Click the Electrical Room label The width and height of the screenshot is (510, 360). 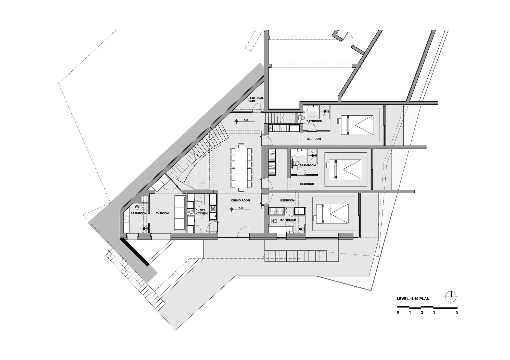point(255,99)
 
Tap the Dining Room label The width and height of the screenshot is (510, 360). point(240,201)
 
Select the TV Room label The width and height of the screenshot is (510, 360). point(162,213)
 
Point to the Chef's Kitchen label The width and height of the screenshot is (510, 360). point(201,212)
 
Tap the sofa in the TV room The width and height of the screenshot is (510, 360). point(180,213)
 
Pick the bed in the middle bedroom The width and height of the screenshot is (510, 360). point(344,169)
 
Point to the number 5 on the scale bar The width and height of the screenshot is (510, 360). point(457,312)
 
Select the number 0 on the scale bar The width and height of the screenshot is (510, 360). point(398,312)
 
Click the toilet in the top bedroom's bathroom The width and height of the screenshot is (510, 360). point(301,118)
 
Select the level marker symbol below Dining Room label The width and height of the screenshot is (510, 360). point(231,209)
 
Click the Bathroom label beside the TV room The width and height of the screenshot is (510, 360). point(138,213)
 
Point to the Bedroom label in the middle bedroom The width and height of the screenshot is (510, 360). point(307,184)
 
